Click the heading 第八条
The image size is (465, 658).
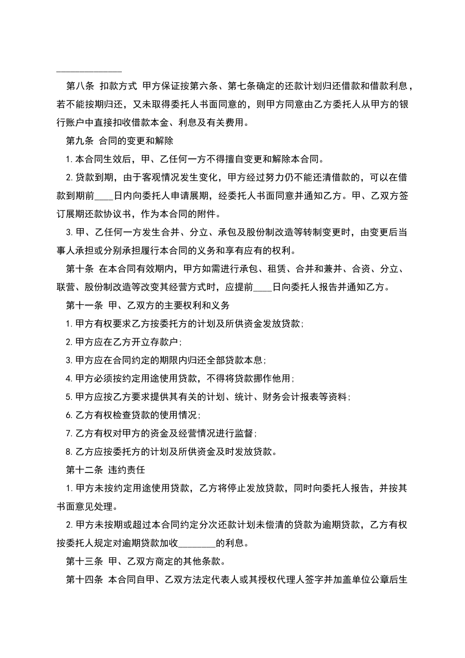[80, 86]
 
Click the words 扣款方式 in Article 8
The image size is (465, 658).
[116, 86]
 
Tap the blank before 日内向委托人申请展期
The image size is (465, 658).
[104, 196]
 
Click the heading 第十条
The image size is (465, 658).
[80, 269]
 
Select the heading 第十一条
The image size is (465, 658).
[84, 305]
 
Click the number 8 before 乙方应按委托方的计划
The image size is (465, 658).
[69, 452]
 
